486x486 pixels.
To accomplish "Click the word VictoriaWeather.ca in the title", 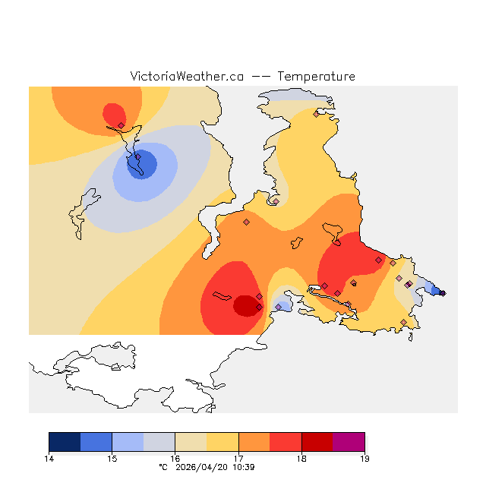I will click(187, 77).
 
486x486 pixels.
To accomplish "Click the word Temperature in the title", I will click(316, 77).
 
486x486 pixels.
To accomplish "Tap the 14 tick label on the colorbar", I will click(49, 459).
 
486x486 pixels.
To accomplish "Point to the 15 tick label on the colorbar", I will click(112, 459).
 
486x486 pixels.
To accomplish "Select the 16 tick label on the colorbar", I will click(175, 459).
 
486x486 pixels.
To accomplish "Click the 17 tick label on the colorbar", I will click(238, 459).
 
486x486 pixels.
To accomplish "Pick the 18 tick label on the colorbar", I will click(301, 459).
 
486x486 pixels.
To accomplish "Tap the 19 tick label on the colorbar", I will click(364, 459).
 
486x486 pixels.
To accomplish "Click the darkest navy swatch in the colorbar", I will click(65, 441).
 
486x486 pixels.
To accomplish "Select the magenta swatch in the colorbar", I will click(349, 441).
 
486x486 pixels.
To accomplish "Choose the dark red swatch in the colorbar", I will click(317, 441).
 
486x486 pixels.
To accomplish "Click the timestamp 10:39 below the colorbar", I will click(243, 467).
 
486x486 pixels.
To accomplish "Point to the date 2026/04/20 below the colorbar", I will click(203, 467).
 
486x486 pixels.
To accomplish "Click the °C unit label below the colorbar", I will click(163, 467).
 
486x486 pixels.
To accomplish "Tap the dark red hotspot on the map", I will click(245, 305).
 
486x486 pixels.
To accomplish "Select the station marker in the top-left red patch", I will click(121, 125).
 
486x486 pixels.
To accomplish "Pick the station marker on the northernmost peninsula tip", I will click(316, 115).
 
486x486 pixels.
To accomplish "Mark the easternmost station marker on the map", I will click(443, 292).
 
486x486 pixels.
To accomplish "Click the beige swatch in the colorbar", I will click(191, 441).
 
